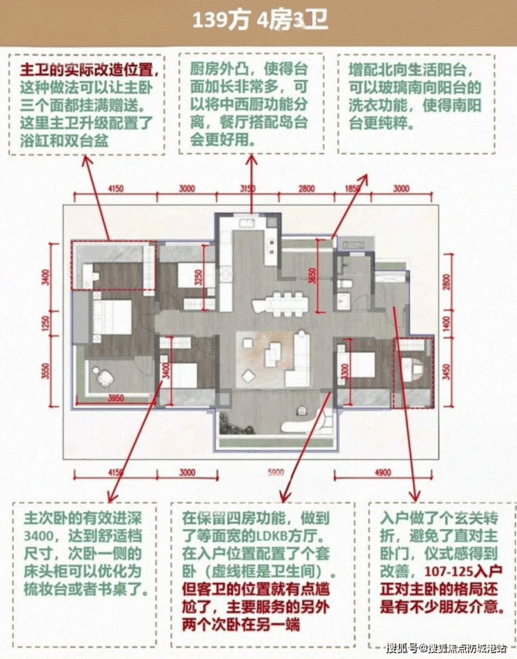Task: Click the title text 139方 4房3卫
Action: pyautogui.click(x=259, y=20)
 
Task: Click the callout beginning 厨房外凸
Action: pyautogui.click(x=249, y=101)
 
